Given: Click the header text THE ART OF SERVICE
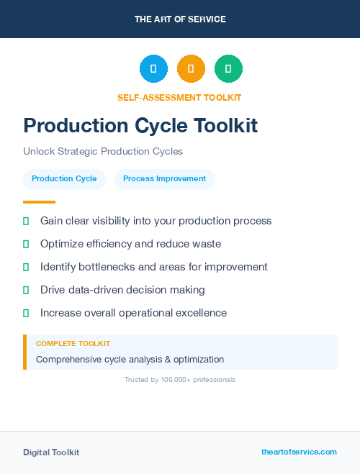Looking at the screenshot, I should click(x=180, y=19).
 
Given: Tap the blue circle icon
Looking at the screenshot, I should click(x=153, y=69).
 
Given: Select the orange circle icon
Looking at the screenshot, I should click(x=191, y=69).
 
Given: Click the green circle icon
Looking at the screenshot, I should click(x=228, y=69).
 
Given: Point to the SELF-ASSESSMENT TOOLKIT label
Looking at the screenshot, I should click(x=179, y=97).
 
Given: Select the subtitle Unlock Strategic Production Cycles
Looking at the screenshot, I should click(x=103, y=152).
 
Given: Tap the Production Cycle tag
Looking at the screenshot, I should click(x=64, y=179).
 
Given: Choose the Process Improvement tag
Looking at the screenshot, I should click(x=164, y=179).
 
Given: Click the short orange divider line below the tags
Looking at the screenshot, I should click(x=39, y=202).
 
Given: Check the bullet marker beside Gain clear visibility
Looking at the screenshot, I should click(x=26, y=221).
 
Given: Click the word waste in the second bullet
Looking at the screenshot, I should click(x=206, y=244).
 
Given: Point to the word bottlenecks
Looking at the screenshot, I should click(x=99, y=267).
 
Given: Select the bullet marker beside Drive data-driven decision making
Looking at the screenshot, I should click(x=26, y=290).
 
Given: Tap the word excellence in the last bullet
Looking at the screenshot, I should click(x=198, y=313).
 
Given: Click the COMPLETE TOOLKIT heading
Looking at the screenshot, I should click(x=73, y=344).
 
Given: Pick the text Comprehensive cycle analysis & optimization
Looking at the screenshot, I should click(x=130, y=359).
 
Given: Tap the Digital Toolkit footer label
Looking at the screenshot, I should click(x=51, y=452).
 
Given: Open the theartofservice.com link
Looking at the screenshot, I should click(x=299, y=452).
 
